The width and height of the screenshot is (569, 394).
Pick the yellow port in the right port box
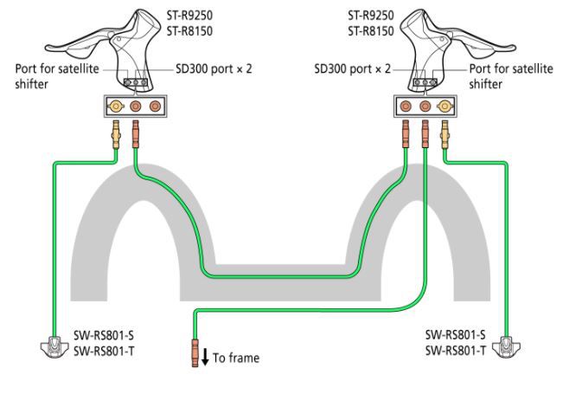point(445,107)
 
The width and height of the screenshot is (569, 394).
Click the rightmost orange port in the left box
point(156,107)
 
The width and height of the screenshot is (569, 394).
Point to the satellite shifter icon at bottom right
point(507,348)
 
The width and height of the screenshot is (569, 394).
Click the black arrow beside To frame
point(206,356)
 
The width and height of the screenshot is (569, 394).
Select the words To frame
point(235,358)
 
